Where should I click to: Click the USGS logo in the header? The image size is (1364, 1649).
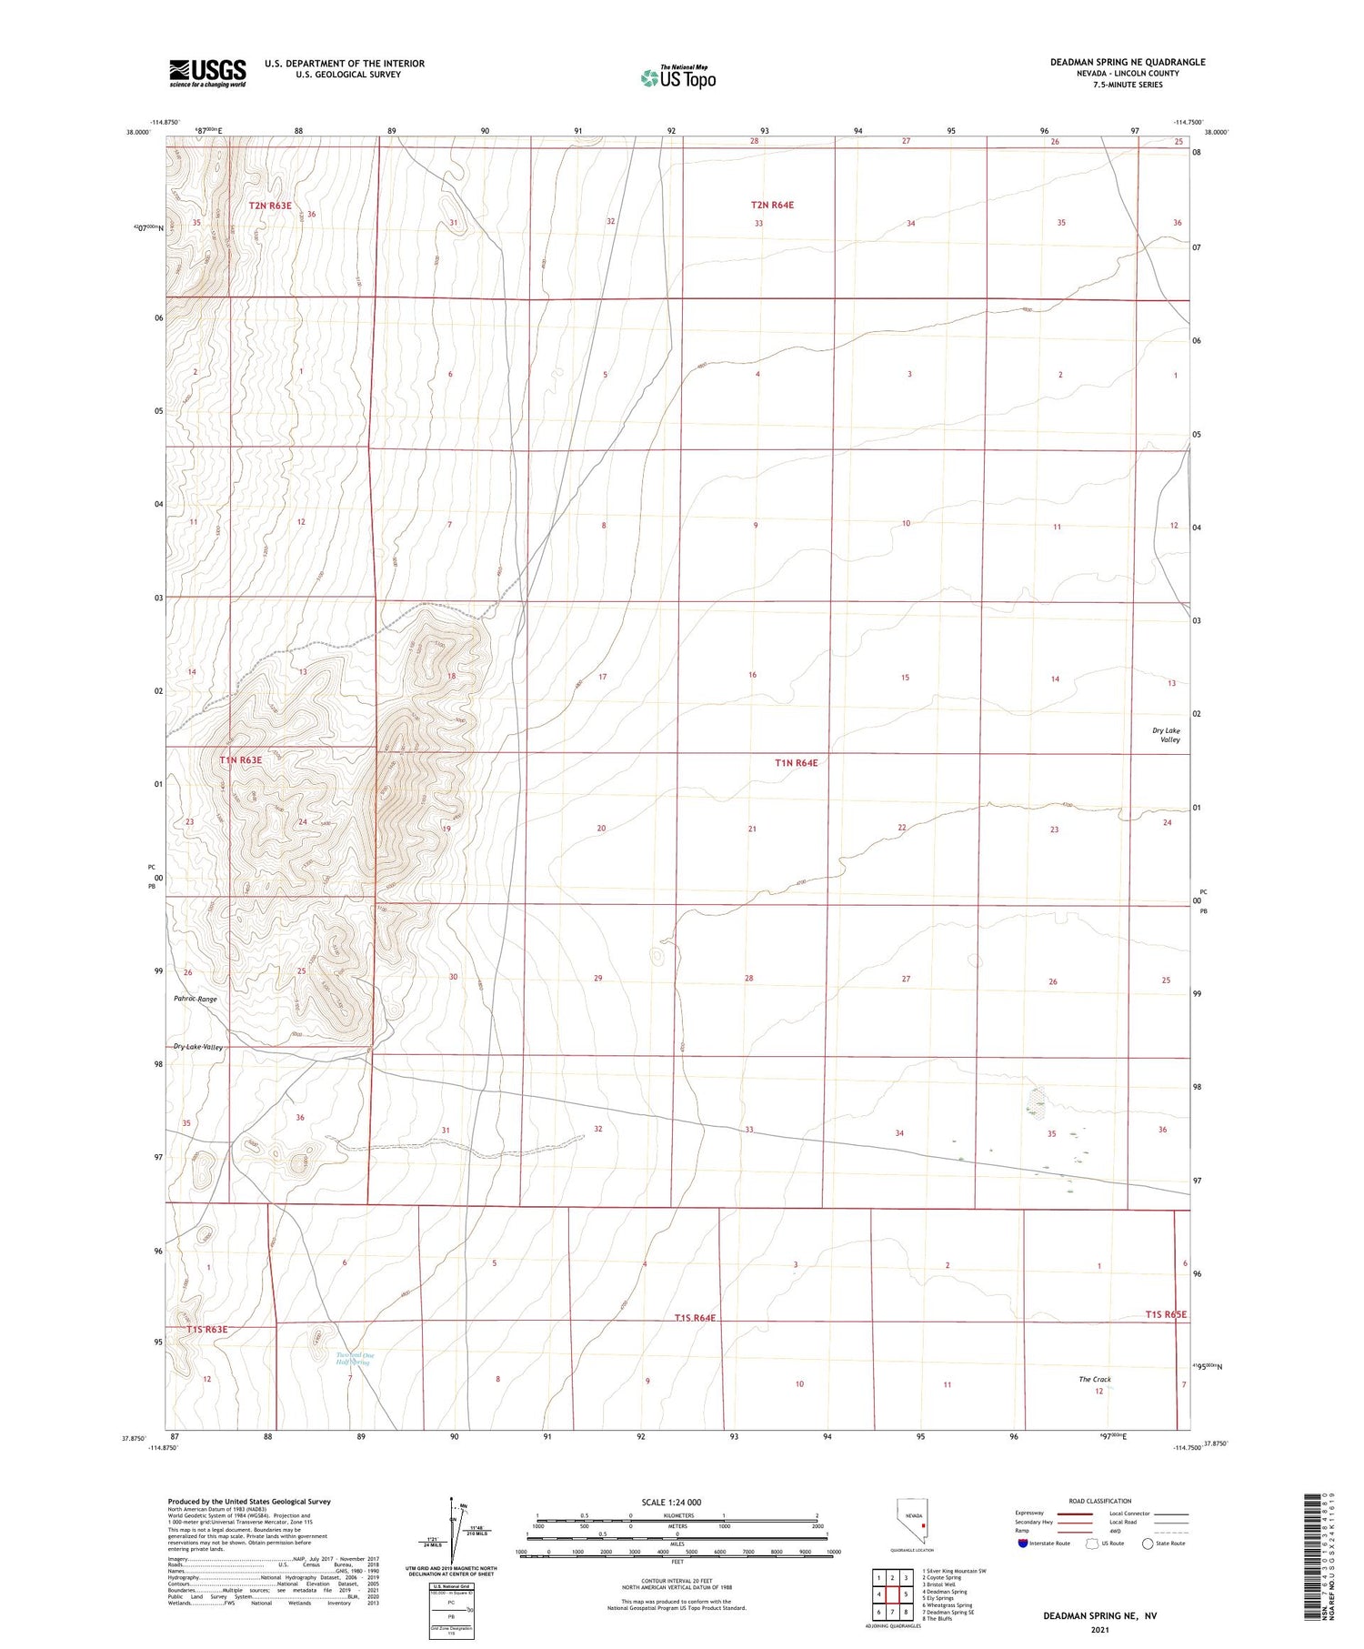click(207, 73)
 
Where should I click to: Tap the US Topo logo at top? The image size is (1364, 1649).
click(678, 78)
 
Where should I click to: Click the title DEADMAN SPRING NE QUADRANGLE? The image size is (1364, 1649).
click(1128, 62)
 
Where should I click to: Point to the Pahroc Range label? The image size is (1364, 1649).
click(196, 999)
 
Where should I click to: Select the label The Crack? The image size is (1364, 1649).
click(1095, 1379)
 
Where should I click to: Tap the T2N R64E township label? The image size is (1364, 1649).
click(772, 206)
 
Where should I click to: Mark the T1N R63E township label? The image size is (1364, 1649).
click(240, 760)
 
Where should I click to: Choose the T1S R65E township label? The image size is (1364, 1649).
click(1166, 1314)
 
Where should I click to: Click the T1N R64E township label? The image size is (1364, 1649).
click(796, 763)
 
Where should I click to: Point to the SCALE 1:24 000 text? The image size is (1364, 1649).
click(677, 1503)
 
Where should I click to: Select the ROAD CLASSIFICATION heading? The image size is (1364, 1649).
click(1100, 1501)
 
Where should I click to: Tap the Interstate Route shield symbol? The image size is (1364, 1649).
click(1023, 1543)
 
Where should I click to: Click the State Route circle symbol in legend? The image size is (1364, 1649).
click(1148, 1543)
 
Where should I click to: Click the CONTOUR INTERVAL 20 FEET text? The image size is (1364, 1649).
click(677, 1581)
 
